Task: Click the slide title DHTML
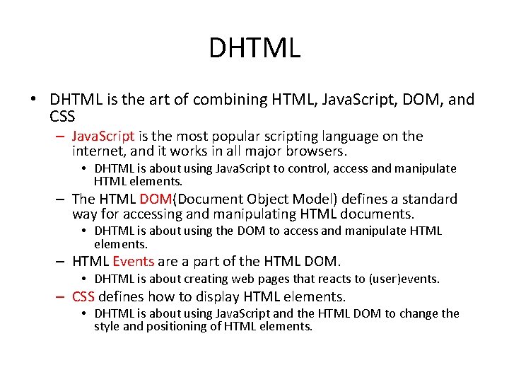[255, 48]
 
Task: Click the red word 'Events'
[133, 262]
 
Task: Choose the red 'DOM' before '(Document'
[155, 199]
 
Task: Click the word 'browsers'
[312, 151]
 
